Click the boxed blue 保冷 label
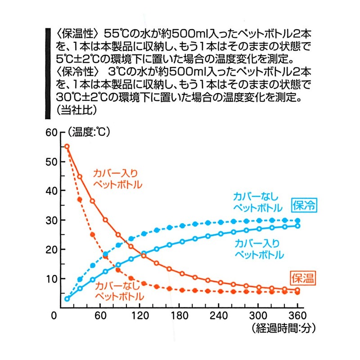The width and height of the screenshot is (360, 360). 304,205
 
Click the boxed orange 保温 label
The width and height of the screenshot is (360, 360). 303,278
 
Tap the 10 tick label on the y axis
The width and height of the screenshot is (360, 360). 51,279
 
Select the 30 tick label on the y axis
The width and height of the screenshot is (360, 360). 51,220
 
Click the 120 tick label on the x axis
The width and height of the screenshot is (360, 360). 140,316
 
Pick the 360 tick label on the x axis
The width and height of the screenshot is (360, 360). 297,316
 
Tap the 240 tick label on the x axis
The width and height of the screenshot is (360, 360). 219,316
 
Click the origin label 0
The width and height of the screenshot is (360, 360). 54,316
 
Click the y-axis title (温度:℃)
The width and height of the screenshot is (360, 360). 89,132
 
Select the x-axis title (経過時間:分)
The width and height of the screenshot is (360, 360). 284,328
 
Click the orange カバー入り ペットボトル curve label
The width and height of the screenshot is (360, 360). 117,179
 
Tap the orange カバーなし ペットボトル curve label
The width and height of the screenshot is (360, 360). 119,291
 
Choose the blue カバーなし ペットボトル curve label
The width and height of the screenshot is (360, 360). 257,202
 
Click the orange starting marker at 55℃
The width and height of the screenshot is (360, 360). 67,147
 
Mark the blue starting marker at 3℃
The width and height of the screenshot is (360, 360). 67,299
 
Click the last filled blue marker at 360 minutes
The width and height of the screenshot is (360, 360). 297,220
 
